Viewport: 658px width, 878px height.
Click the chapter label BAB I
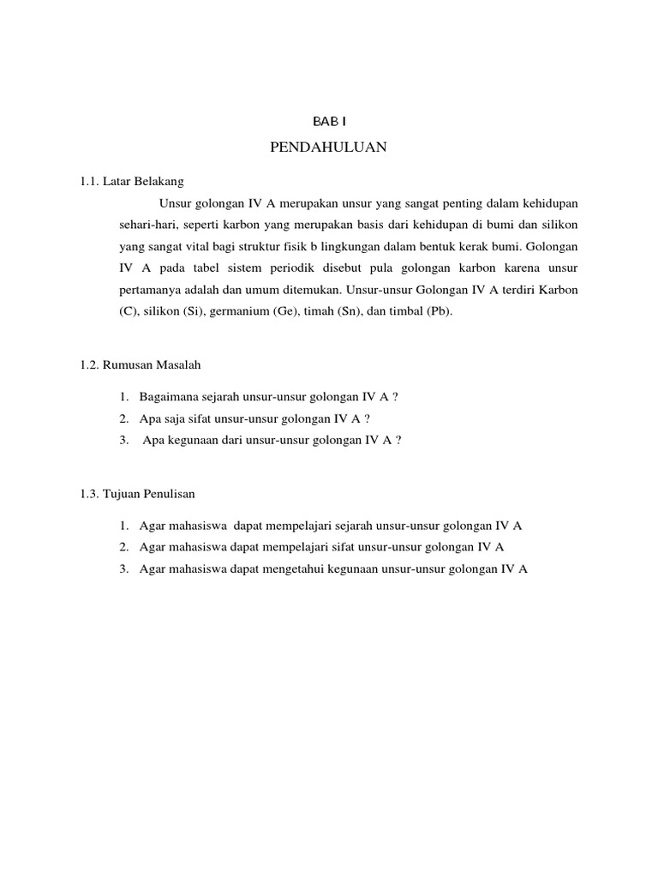coord(329,123)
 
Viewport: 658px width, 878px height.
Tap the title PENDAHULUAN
coord(329,148)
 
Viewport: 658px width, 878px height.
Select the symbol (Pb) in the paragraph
coord(434,312)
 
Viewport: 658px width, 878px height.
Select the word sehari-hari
coord(147,225)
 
